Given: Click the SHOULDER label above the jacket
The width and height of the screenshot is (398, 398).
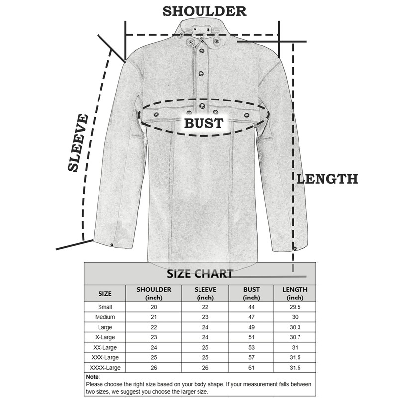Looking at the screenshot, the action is (x=204, y=11).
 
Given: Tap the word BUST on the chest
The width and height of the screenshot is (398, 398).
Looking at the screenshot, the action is (x=203, y=123).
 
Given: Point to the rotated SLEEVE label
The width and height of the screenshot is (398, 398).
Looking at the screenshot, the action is (x=78, y=143).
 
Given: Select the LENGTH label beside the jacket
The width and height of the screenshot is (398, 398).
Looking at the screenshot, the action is (x=327, y=179).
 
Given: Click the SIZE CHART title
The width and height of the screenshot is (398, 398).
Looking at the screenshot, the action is (x=199, y=274).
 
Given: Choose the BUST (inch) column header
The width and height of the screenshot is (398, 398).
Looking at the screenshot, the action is (x=251, y=293).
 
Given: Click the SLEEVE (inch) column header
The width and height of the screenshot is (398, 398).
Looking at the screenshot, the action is (x=205, y=293).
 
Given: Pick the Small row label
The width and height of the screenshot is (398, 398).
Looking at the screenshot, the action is (x=105, y=307).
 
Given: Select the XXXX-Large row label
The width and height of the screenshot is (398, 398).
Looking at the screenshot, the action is (x=105, y=368).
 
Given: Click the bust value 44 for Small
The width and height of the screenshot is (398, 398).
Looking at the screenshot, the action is (x=251, y=307).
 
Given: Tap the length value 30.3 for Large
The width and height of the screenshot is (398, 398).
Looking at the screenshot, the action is (x=295, y=327).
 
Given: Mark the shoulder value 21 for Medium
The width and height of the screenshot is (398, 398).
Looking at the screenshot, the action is (x=154, y=317).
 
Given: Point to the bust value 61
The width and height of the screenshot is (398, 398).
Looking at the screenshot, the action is (x=251, y=368).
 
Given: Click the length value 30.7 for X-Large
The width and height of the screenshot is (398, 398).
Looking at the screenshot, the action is (x=295, y=337).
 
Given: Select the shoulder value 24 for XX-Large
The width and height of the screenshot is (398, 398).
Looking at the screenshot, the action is (x=154, y=347).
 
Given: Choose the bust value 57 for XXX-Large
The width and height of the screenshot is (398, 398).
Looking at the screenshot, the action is (x=251, y=358).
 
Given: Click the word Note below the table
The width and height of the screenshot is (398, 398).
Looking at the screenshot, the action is (x=93, y=377).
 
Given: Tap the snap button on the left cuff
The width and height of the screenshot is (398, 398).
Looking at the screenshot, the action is (x=112, y=245).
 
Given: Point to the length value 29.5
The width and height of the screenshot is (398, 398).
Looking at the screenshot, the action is (x=295, y=307).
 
